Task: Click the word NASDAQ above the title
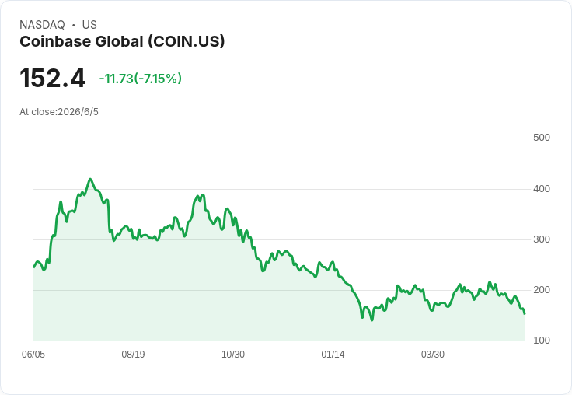pos(42,25)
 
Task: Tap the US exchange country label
pos(89,25)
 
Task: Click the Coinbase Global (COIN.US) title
pos(122,42)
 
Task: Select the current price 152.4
pos(53,78)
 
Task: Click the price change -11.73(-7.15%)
pos(141,79)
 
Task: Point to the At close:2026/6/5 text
pos(59,112)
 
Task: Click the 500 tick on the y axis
pos(542,138)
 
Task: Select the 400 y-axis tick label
pos(542,189)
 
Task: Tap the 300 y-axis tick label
pos(542,239)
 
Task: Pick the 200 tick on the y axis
pos(542,290)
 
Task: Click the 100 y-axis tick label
pos(542,341)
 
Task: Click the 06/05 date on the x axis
pos(33,354)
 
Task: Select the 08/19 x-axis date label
pos(133,354)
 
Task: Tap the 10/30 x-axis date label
pos(233,354)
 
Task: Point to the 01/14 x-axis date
pos(333,354)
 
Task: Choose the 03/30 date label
pos(433,354)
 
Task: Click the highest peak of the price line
pos(90,179)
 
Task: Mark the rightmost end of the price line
pos(525,313)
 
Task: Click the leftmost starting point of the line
pos(33,267)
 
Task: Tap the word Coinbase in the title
pos(55,42)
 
